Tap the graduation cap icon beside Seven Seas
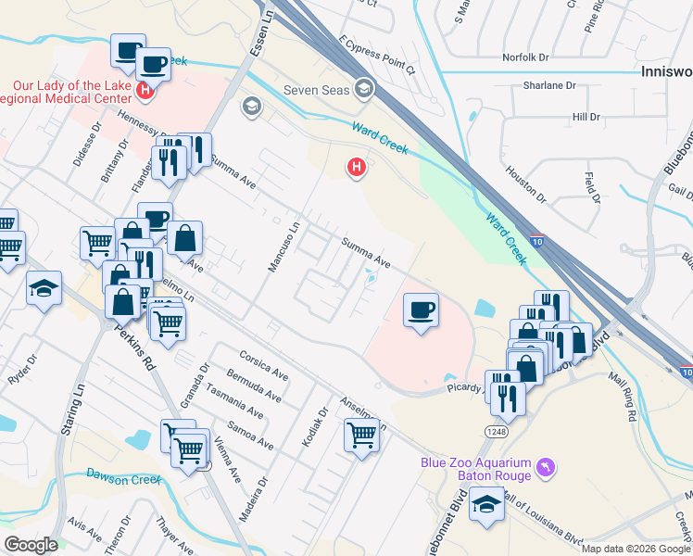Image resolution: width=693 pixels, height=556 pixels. click(365, 88)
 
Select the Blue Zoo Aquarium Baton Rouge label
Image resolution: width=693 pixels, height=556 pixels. click(475, 469)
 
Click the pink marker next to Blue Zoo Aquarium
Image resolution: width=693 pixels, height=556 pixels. click(548, 467)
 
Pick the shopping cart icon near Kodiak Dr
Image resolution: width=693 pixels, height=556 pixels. click(360, 434)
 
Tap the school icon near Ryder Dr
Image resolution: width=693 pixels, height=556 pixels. click(44, 288)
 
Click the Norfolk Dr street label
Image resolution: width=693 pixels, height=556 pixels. click(525, 57)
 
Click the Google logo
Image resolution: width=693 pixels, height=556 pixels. click(31, 545)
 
